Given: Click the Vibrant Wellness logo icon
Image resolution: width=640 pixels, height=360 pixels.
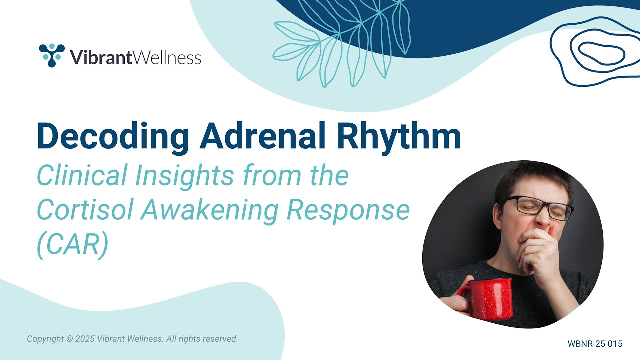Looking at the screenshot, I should pos(52,55).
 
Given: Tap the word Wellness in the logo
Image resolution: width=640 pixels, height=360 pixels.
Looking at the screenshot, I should pos(167,57).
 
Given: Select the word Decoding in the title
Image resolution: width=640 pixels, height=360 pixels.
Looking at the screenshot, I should pos(113,136).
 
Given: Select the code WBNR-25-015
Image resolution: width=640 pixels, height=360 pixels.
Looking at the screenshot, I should pos(595,344).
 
